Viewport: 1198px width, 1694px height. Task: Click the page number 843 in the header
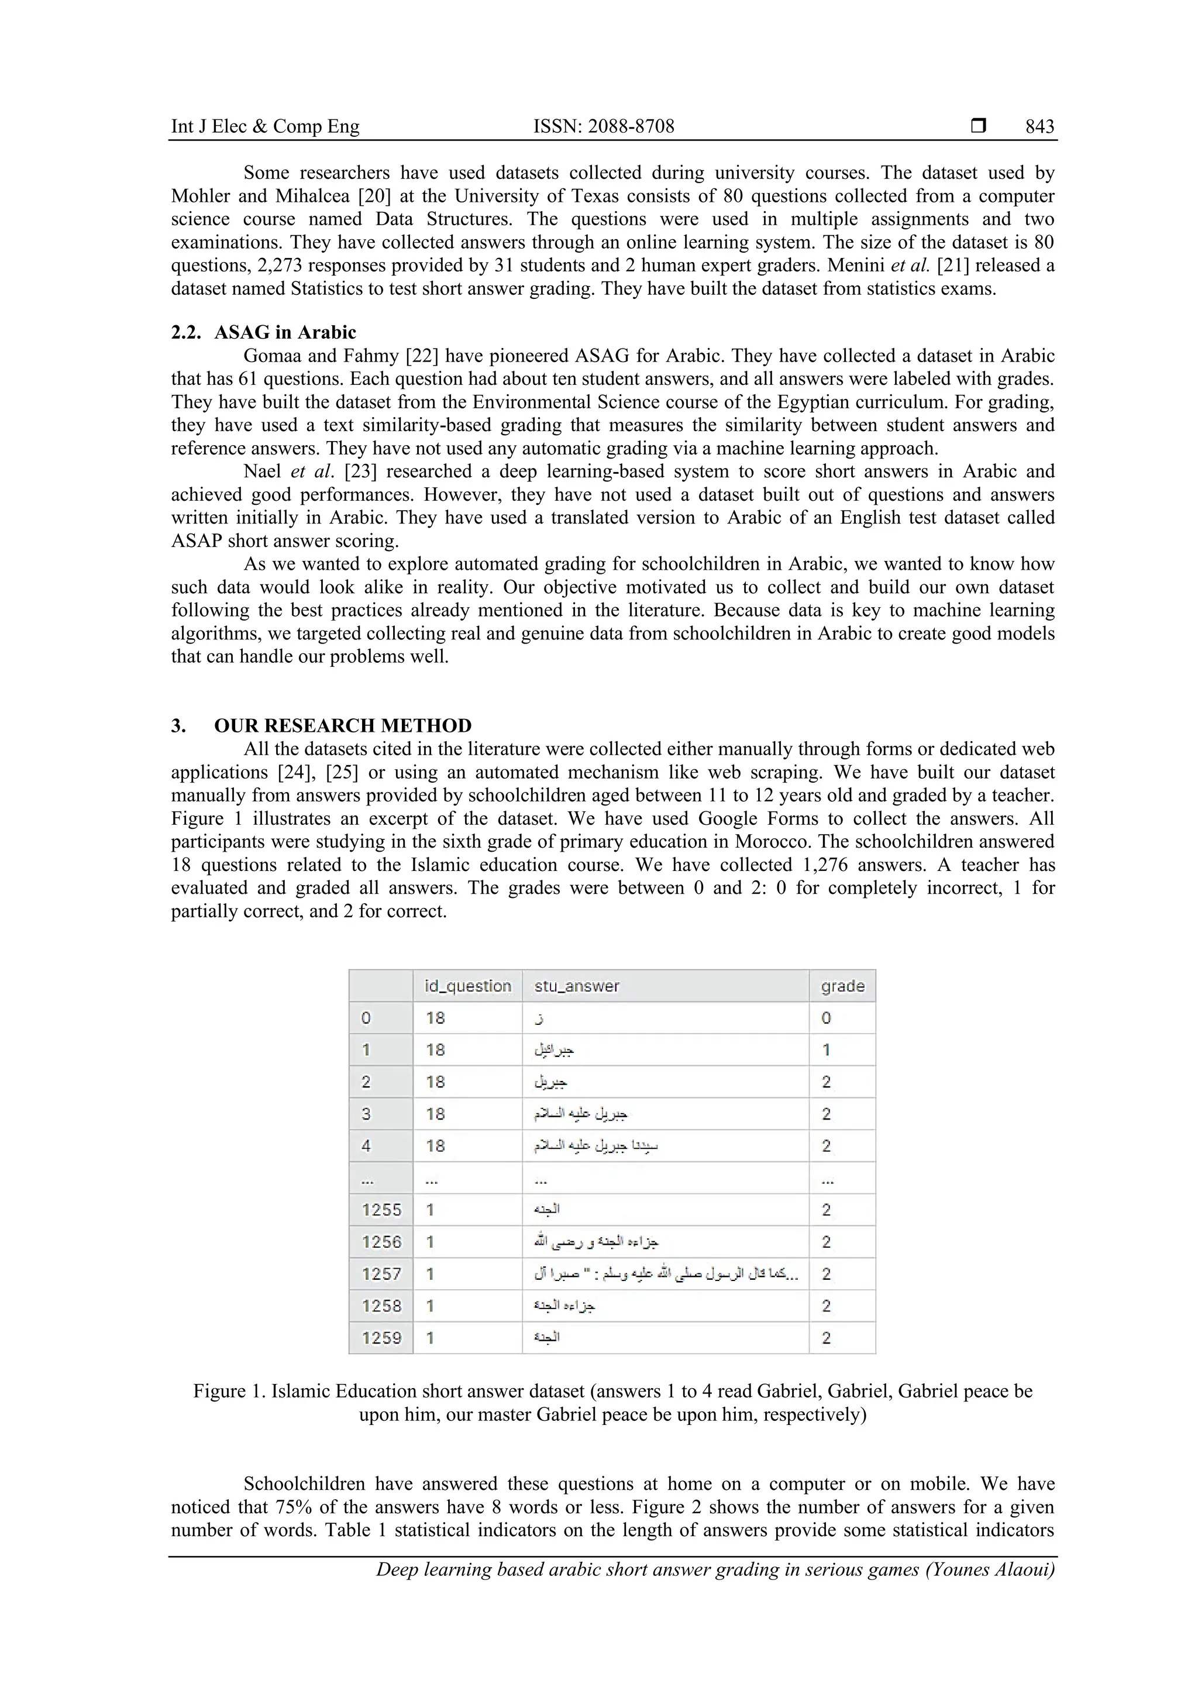[x=1039, y=127]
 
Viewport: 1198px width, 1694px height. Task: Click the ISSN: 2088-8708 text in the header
[x=604, y=127]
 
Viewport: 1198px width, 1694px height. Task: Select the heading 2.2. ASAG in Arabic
[x=263, y=333]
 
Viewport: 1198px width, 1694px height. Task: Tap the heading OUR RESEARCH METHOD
[x=342, y=726]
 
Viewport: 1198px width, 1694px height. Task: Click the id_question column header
[x=468, y=986]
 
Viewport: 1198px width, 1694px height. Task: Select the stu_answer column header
[x=577, y=986]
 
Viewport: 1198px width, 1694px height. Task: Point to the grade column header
[x=842, y=986]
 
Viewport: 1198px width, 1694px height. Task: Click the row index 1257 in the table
[x=381, y=1274]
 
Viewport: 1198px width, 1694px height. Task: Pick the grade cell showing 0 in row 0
[x=826, y=1018]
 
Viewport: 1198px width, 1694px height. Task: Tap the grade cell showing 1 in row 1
[x=826, y=1050]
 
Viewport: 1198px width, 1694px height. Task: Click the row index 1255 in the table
[x=381, y=1210]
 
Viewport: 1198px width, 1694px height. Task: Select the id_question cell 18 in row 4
[x=435, y=1146]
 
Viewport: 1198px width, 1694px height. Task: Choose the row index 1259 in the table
[x=381, y=1338]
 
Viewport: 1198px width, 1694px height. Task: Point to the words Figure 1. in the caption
[x=229, y=1392]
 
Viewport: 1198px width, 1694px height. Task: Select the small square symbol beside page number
[x=978, y=126]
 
